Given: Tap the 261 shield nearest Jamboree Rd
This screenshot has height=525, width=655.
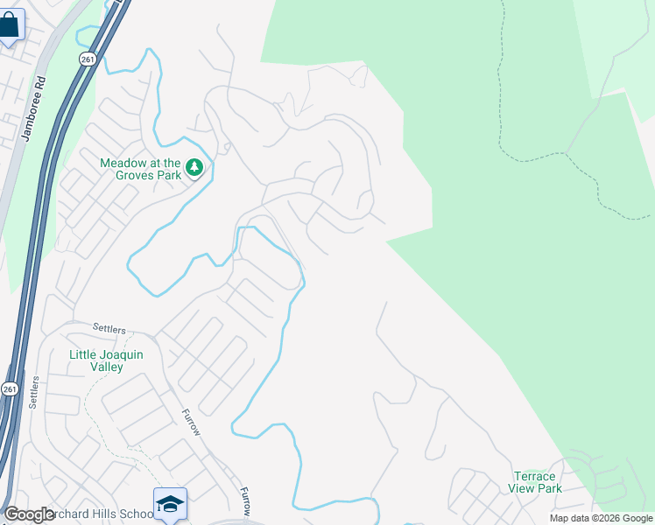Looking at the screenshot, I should (86, 59).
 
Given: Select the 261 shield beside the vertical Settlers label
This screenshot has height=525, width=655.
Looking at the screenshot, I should (9, 388).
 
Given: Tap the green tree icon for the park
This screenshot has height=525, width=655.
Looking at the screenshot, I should (194, 167).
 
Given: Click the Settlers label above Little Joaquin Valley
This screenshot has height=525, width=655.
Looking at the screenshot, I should (109, 328).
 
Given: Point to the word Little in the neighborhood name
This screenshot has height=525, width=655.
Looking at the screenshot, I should (85, 354).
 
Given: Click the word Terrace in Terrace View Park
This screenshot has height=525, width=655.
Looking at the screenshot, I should (534, 476).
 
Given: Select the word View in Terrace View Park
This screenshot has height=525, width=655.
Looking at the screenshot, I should (525, 488).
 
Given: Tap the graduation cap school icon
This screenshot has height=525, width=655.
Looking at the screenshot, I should (170, 504).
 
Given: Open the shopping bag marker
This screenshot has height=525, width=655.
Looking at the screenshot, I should (10, 26).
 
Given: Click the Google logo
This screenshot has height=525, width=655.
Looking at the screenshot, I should (28, 514).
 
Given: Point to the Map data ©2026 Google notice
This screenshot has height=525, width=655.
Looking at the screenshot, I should (600, 518).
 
